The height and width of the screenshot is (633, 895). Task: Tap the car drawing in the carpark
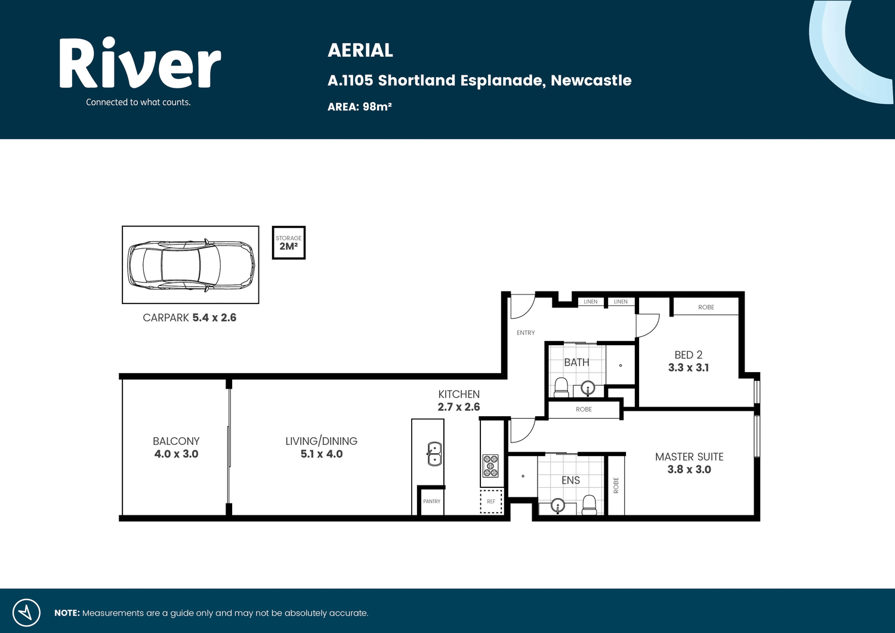tap(191, 265)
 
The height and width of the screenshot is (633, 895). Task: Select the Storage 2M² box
tap(289, 242)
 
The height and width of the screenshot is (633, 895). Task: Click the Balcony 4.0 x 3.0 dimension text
tap(176, 454)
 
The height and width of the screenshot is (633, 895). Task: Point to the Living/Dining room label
tap(321, 441)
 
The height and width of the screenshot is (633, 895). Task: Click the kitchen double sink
tap(434, 454)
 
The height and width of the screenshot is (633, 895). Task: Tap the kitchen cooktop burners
tap(490, 466)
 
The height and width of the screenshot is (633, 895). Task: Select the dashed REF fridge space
tap(491, 501)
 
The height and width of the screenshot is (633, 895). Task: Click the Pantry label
tap(431, 502)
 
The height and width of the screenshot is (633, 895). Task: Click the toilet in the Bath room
tap(561, 388)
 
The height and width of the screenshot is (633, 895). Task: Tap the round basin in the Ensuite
tap(558, 506)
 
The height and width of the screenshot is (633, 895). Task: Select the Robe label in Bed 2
tap(706, 307)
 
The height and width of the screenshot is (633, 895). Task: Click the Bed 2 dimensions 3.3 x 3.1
tap(689, 367)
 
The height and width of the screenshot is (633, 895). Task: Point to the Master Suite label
tap(689, 457)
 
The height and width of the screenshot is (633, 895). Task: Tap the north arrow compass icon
tap(26, 613)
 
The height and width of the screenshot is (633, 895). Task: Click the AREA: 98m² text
tap(360, 107)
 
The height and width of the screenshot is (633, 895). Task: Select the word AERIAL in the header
tap(360, 50)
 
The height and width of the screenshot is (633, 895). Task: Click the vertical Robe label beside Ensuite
tap(616, 485)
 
